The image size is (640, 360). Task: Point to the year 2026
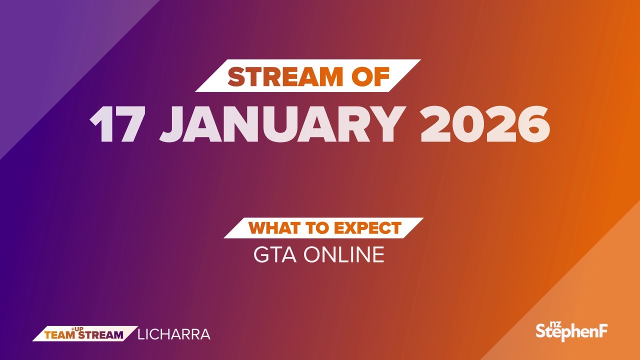pyautogui.click(x=485, y=124)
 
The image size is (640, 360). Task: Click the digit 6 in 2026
pyautogui.click(x=533, y=124)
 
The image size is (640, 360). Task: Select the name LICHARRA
pyautogui.click(x=173, y=334)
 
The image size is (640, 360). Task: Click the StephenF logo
pyautogui.click(x=571, y=331)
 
